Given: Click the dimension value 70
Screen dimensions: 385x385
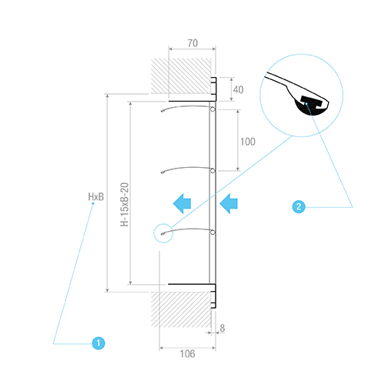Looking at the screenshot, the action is pyautogui.click(x=192, y=43).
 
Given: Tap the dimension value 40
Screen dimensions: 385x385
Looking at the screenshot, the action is pyautogui.click(x=238, y=89).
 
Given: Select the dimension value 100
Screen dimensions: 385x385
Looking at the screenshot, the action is pyautogui.click(x=248, y=142).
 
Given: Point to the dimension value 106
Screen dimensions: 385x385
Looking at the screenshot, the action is pyautogui.click(x=187, y=353).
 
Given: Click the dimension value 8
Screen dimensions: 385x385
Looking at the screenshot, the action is pyautogui.click(x=223, y=328).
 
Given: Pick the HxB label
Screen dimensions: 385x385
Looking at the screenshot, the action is pyautogui.click(x=96, y=197).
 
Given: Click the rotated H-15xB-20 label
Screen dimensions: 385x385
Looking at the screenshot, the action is pyautogui.click(x=125, y=205).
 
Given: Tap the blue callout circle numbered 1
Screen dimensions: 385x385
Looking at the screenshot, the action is pyautogui.click(x=99, y=343).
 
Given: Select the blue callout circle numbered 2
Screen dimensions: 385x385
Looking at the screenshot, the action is pyautogui.click(x=299, y=206).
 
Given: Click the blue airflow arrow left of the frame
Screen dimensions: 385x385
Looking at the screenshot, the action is pyautogui.click(x=182, y=204).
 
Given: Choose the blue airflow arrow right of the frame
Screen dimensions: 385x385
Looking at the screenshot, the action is pyautogui.click(x=229, y=204).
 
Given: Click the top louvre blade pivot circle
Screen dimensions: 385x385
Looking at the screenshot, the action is pyautogui.click(x=213, y=109).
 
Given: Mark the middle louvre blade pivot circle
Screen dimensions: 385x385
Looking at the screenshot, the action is pyautogui.click(x=213, y=171).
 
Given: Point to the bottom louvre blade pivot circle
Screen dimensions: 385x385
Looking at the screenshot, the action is pyautogui.click(x=213, y=233).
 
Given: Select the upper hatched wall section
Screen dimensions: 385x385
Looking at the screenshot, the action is pyautogui.click(x=181, y=76).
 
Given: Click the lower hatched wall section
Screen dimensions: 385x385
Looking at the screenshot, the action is pyautogui.click(x=181, y=310).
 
